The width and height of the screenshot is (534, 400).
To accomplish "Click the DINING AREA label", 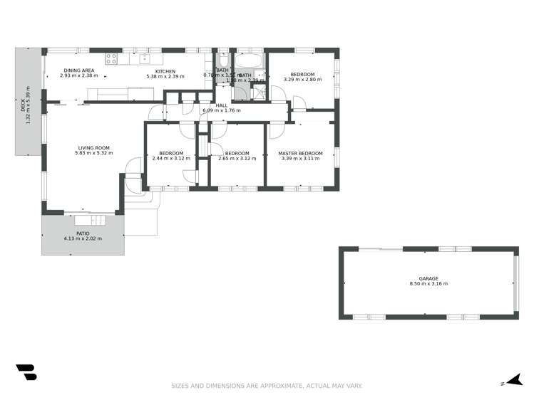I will (78, 70).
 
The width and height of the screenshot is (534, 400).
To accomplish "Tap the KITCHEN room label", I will (165, 70).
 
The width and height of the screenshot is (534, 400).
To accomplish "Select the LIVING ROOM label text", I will (94, 147).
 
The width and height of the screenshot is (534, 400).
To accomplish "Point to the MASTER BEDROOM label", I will (300, 153).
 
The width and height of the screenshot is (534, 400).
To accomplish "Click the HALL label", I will (222, 105).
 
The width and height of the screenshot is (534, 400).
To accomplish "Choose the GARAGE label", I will (428, 278).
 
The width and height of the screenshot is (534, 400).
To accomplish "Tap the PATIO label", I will (83, 233).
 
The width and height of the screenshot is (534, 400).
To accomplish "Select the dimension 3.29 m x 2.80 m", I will (302, 80).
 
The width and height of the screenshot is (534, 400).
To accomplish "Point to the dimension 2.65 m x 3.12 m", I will (237, 159).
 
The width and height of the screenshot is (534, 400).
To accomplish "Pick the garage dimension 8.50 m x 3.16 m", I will (428, 284).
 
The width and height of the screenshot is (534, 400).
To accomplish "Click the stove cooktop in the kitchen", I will (111, 58).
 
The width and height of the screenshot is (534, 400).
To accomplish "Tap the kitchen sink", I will (145, 58).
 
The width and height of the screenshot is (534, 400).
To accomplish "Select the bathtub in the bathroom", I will (249, 59).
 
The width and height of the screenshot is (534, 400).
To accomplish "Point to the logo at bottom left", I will (26, 372).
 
